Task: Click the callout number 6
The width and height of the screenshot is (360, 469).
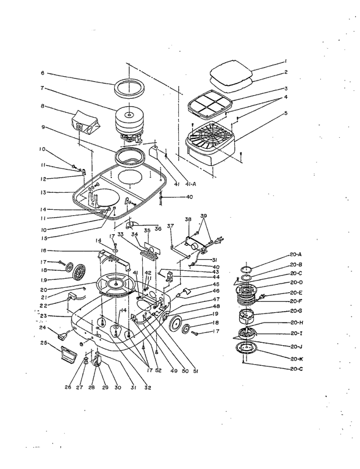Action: point(42,73)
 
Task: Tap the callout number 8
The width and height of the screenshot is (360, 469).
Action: point(42,106)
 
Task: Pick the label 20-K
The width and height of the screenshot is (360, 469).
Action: point(297,359)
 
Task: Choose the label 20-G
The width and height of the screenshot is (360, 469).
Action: point(297,311)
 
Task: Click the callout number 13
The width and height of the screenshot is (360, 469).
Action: point(42,192)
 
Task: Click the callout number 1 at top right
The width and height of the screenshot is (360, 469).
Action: point(285,60)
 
